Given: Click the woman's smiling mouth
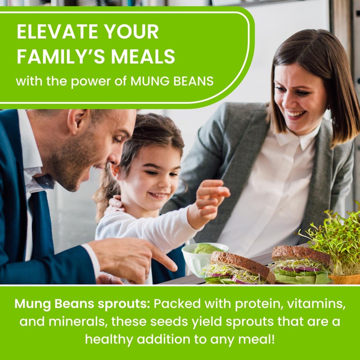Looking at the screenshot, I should [x=296, y=114].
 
